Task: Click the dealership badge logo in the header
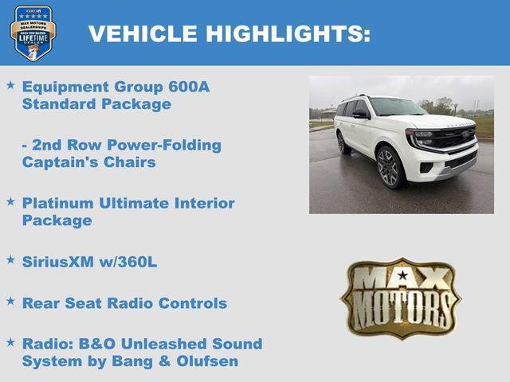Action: click(33, 33)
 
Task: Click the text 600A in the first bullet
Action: click(187, 87)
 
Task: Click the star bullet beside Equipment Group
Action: click(10, 84)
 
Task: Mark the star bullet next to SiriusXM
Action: click(10, 259)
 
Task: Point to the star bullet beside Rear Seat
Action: click(10, 301)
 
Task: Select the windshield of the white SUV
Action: click(396, 107)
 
